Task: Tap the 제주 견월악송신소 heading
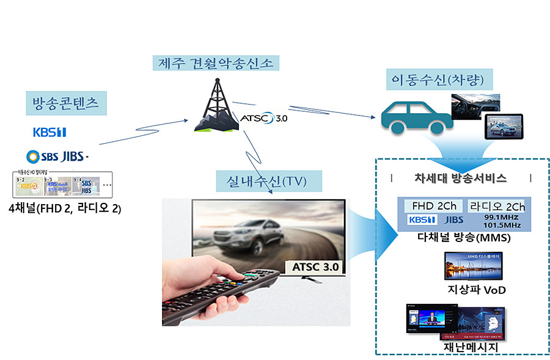point(216,62)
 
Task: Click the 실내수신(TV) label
point(261,180)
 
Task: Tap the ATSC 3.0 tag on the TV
point(315,267)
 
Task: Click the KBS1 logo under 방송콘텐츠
point(50,132)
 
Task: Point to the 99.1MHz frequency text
point(501,217)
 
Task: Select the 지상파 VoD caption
point(468,289)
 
